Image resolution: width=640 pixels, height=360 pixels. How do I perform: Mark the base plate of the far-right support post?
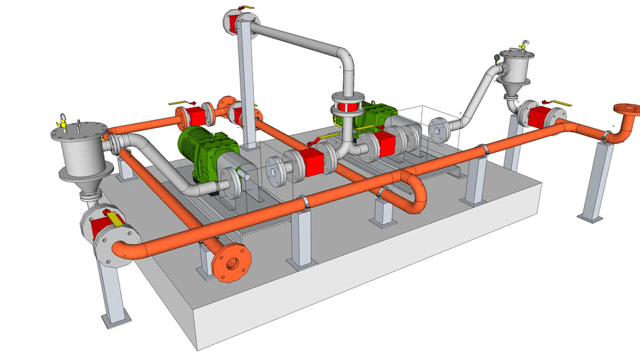(589, 217)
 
